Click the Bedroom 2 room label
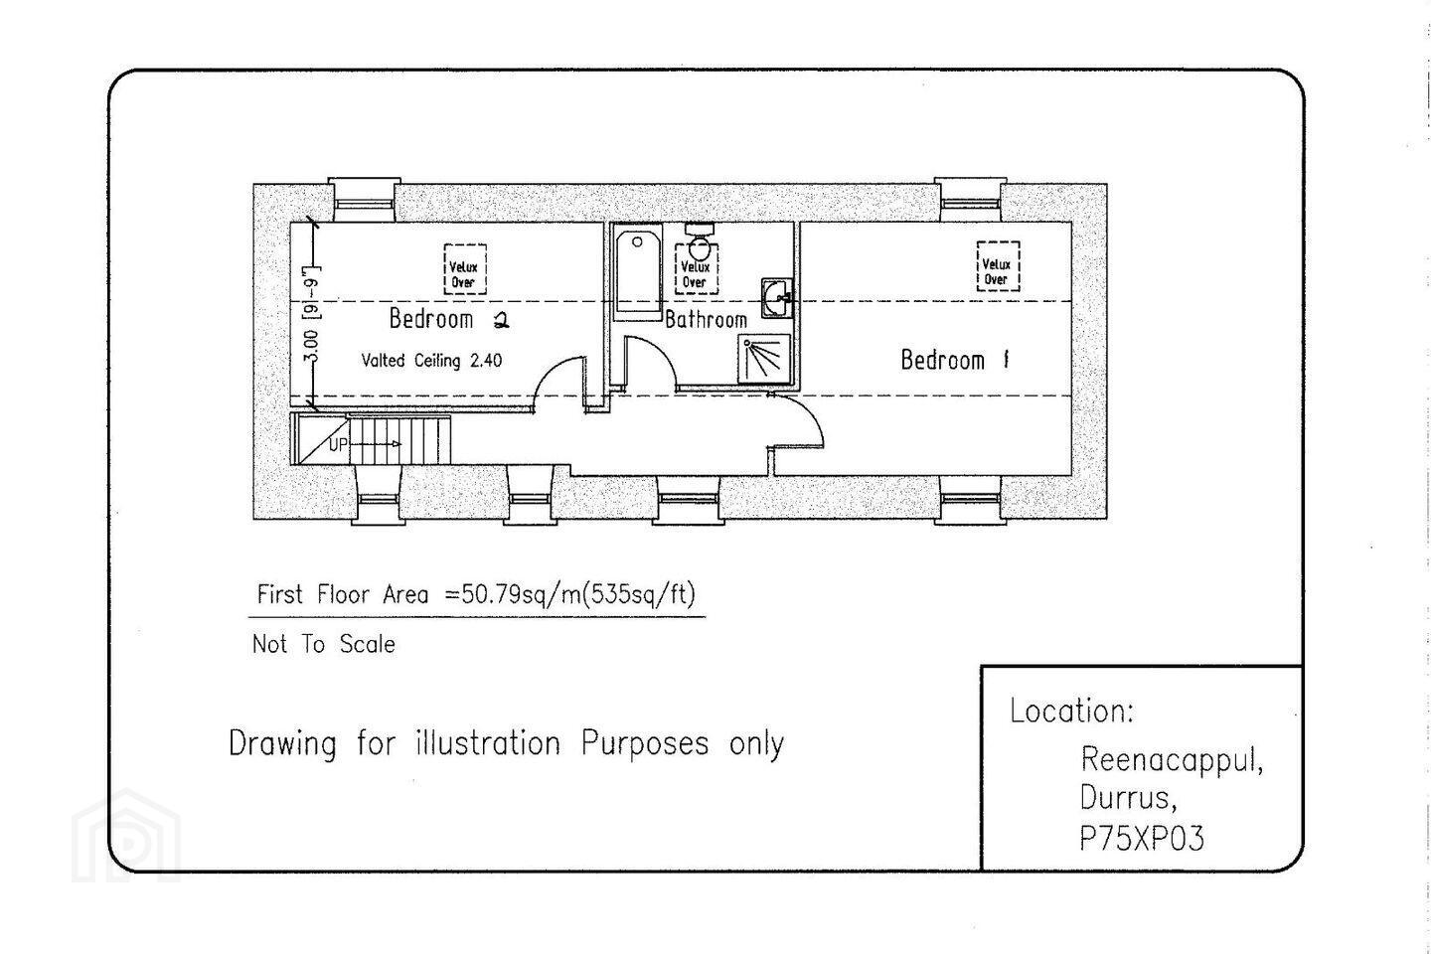point(449,319)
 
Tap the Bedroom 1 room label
point(955,361)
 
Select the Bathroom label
point(706,320)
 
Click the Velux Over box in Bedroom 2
point(464,269)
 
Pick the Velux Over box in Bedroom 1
point(998,265)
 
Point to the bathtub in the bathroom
point(638,275)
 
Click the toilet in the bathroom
point(700,240)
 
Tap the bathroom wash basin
point(777,298)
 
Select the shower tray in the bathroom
point(764,359)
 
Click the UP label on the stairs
point(338,445)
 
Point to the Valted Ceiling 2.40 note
point(431,361)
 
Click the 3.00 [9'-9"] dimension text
point(311,313)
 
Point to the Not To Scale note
point(324,644)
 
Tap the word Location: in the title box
point(1071,711)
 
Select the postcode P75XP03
point(1142,838)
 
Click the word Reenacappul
point(1172,760)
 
